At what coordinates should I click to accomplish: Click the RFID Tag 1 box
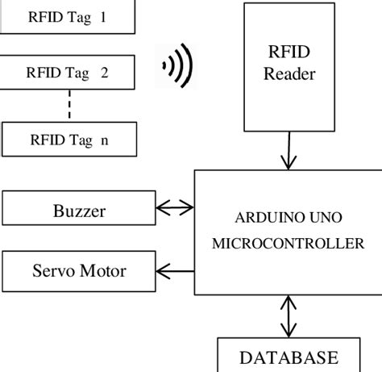pos(69,16)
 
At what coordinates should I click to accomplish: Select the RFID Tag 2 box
pos(69,73)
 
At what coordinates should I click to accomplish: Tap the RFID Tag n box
pos(69,139)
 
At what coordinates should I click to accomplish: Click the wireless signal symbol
pos(178,67)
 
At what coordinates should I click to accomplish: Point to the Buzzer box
pos(79,211)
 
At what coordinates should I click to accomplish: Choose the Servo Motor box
pos(79,270)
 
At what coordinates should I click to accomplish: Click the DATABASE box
pos(289,357)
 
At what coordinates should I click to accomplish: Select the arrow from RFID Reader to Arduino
pos(284,151)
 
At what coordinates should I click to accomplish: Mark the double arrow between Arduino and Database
pos(287,317)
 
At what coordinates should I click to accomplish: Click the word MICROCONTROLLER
pos(288,245)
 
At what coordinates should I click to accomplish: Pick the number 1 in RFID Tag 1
pos(103,16)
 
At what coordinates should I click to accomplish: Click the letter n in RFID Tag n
pos(104,140)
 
